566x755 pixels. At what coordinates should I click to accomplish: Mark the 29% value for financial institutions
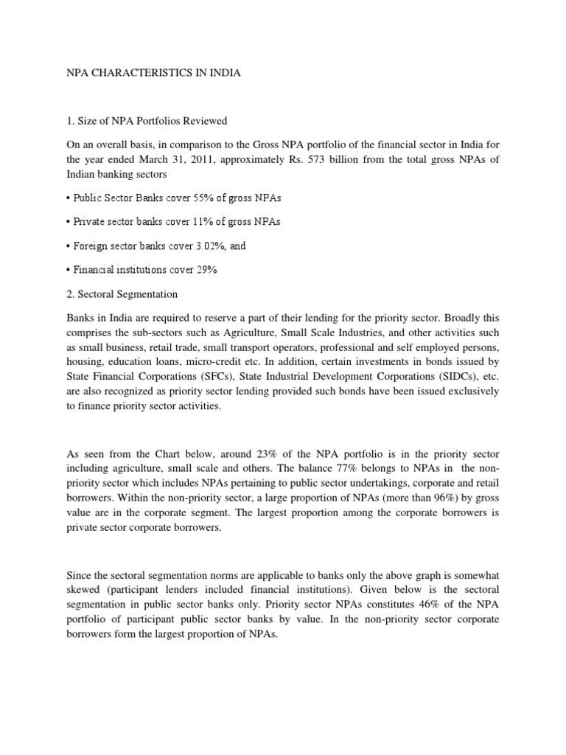click(204, 270)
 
